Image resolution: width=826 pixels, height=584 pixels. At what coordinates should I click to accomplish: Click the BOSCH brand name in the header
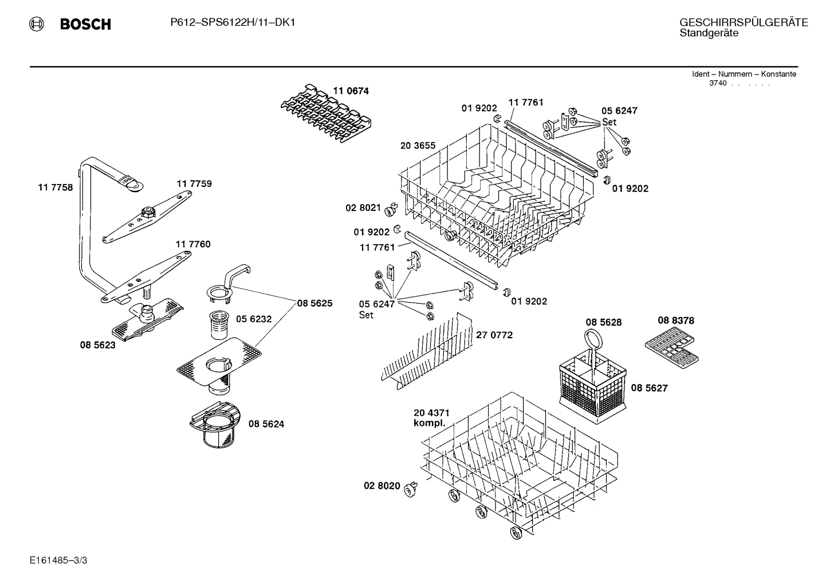[x=85, y=24]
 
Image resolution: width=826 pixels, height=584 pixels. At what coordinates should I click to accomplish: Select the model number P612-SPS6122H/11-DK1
[x=233, y=22]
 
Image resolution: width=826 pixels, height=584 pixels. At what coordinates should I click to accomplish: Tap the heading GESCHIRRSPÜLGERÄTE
[x=744, y=22]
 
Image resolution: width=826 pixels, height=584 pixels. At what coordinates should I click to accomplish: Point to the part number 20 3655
[x=418, y=146]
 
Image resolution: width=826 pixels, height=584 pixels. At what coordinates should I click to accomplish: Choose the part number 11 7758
[x=56, y=187]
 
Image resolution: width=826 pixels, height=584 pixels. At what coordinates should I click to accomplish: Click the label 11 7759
[x=194, y=183]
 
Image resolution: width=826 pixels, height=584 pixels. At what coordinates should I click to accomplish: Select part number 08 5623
[x=97, y=345]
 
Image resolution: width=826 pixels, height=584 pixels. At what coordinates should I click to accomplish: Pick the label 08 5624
[x=266, y=424]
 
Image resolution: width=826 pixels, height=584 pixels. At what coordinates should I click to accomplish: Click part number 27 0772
[x=494, y=335]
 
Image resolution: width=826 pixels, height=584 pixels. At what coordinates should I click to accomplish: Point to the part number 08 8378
[x=675, y=320]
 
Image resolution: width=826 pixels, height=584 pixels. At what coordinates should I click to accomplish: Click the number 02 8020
[x=381, y=486]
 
